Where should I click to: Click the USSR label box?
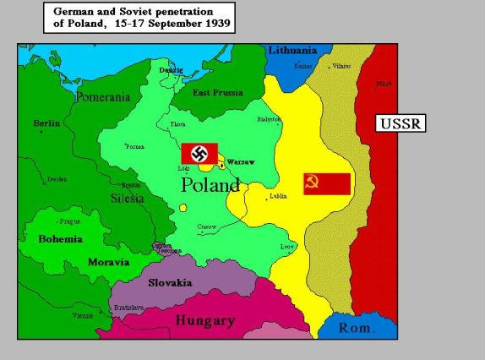point(400,123)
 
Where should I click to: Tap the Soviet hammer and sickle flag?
point(327,183)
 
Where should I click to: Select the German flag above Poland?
point(199,154)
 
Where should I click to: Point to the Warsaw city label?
point(241,161)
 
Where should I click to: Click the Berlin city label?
point(46,123)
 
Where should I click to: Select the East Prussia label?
point(218,93)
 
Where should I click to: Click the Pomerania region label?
point(103,98)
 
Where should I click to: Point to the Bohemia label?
point(60,239)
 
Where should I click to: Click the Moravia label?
point(108,262)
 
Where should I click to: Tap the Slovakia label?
point(170,283)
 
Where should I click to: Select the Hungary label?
point(204,321)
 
